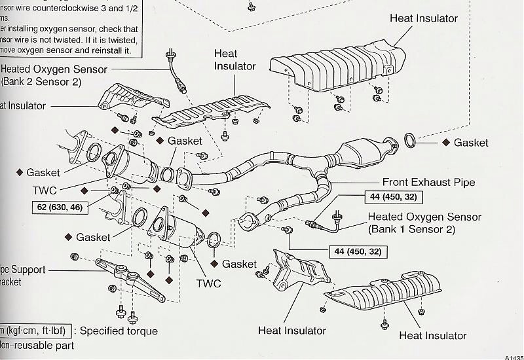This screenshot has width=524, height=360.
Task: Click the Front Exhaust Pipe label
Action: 428,183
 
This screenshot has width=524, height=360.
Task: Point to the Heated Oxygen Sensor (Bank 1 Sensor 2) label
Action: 424,223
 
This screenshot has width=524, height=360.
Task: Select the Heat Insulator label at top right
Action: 423,18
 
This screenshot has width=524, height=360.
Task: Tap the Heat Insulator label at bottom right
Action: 432,336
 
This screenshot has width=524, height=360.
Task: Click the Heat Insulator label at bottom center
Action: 292,331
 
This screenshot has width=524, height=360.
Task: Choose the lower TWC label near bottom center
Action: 209,283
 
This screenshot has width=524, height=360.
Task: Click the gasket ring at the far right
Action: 410,141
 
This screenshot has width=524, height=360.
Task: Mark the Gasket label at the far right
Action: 471,143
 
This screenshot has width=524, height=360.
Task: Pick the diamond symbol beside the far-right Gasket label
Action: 445,142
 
